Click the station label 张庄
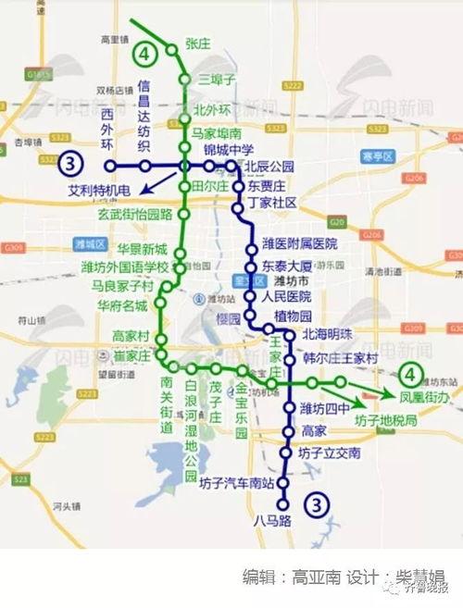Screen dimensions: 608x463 tap(199, 42)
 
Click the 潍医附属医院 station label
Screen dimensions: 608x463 tap(300, 244)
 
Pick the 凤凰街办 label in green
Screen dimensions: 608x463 tap(424, 396)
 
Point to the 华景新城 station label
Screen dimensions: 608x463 tap(143, 250)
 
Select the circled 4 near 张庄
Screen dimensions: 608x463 tap(143, 55)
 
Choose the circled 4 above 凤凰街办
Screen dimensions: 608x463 tap(410, 375)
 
